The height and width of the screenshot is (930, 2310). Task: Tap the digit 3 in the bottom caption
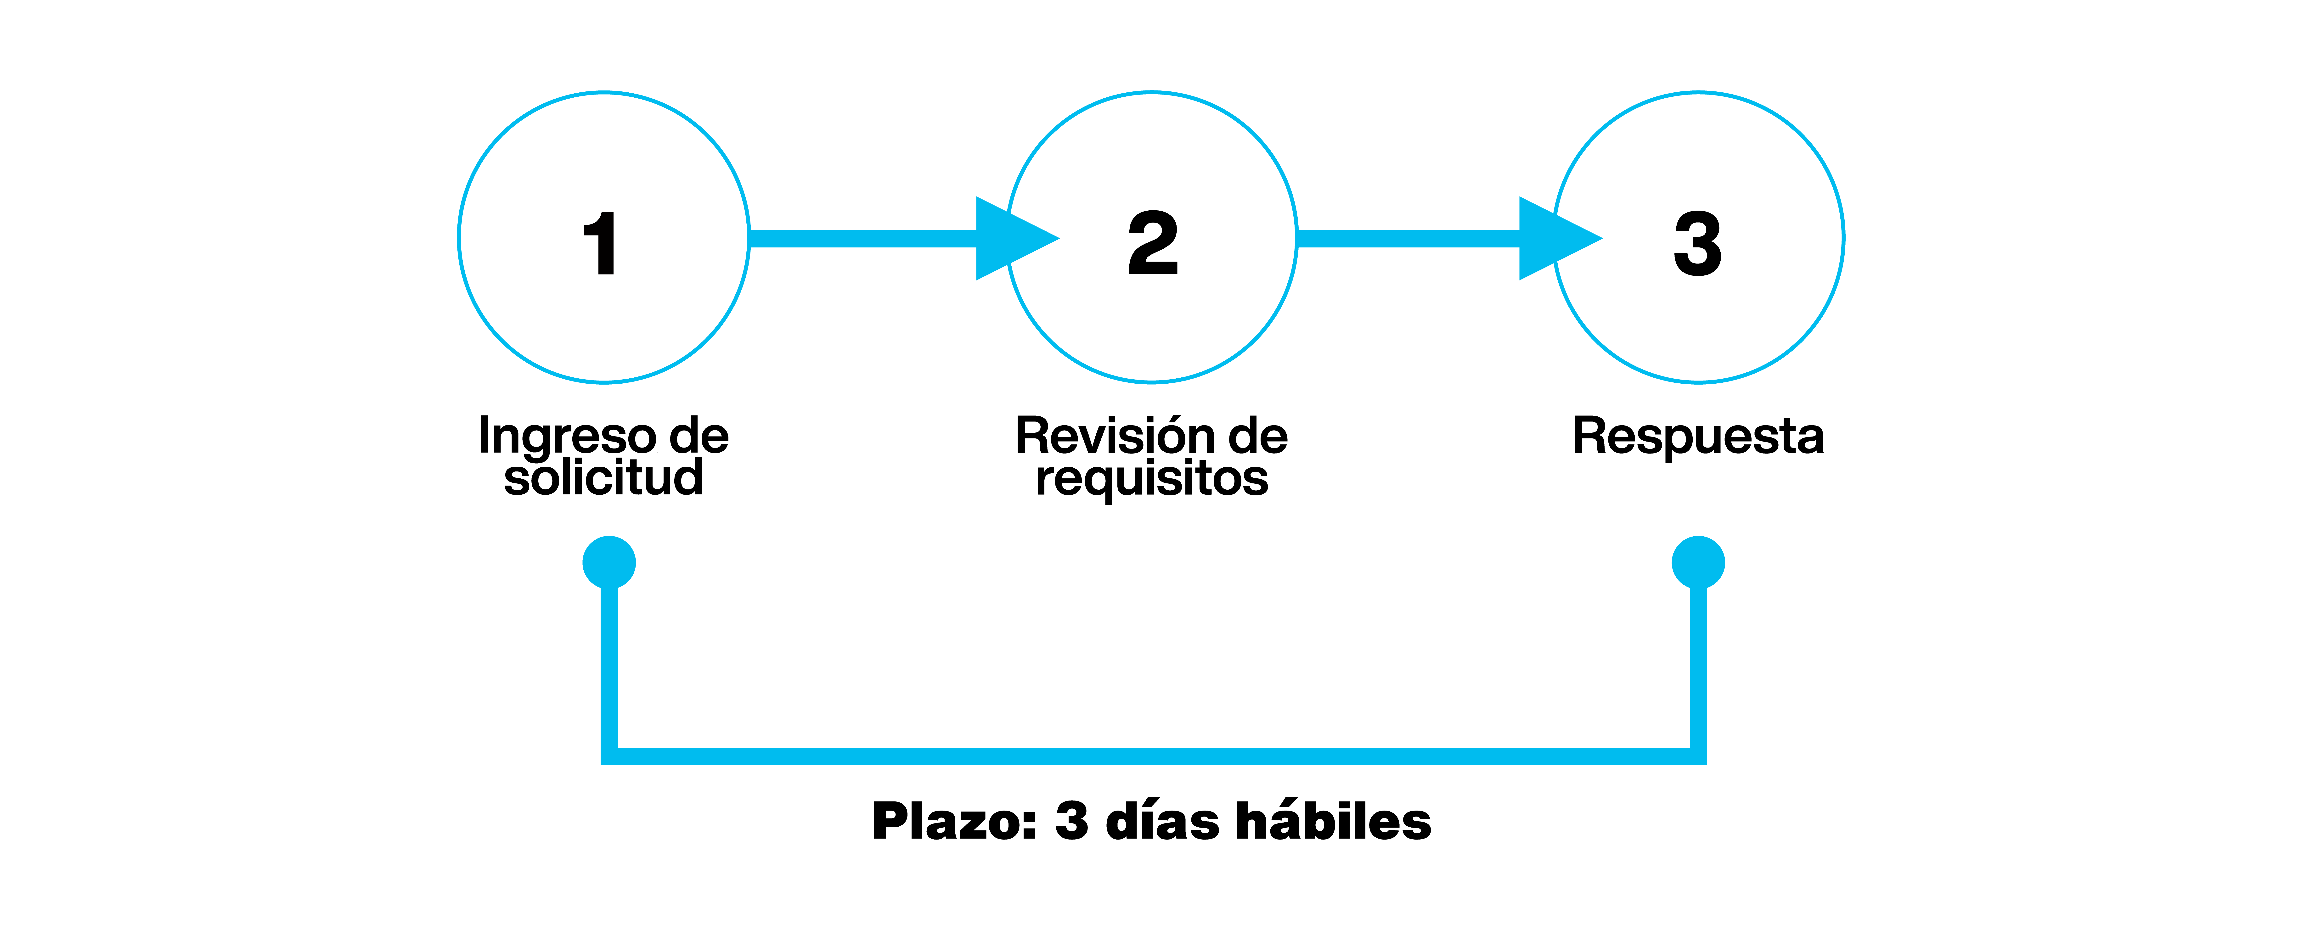click(x=1072, y=821)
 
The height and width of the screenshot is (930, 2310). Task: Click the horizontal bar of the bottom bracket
click(x=1153, y=756)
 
